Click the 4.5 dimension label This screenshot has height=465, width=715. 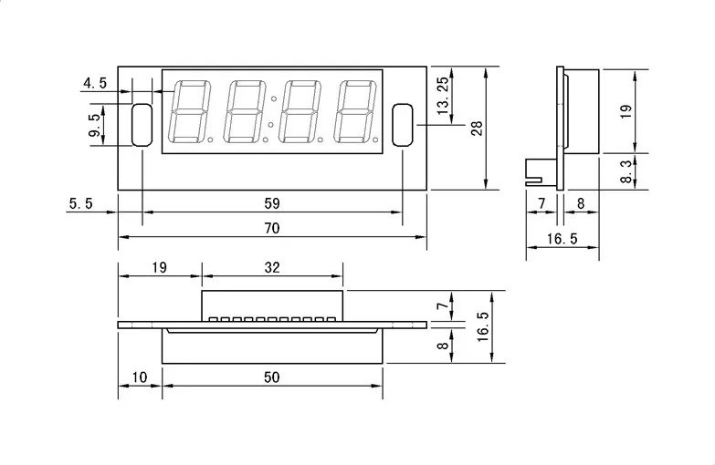pyautogui.click(x=95, y=83)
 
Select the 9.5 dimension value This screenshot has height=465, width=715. pyautogui.click(x=94, y=124)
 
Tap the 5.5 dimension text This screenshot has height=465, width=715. pyautogui.click(x=81, y=204)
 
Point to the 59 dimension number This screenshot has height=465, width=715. pyautogui.click(x=271, y=202)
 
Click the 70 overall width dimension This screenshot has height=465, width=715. pyautogui.click(x=271, y=229)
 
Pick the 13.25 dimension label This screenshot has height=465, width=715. pyautogui.click(x=444, y=94)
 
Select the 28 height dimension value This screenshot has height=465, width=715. pyautogui.click(x=477, y=129)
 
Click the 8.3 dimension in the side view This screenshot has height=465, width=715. pyautogui.click(x=626, y=172)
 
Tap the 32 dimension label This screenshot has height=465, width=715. pyautogui.click(x=271, y=267)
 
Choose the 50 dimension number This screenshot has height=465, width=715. pyautogui.click(x=271, y=377)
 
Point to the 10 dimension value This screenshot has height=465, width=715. pyautogui.click(x=139, y=377)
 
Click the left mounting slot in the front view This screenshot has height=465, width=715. pyautogui.click(x=142, y=125)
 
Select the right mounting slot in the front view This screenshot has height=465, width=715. pyautogui.click(x=403, y=125)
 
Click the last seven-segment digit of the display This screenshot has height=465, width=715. pyautogui.click(x=354, y=111)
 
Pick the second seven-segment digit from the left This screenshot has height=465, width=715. pyautogui.click(x=245, y=111)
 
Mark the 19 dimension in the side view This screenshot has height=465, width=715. pyautogui.click(x=626, y=109)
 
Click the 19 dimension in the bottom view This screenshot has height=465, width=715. pyautogui.click(x=159, y=267)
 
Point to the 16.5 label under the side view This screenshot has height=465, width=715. pyautogui.click(x=563, y=239)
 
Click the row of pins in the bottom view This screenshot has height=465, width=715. pyautogui.click(x=272, y=319)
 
